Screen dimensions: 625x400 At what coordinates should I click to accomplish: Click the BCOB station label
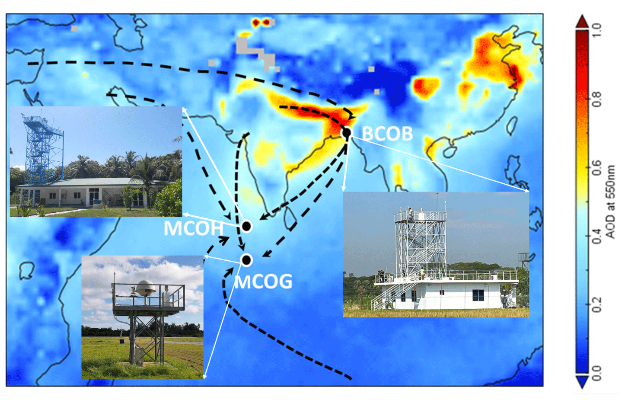(x=387, y=134)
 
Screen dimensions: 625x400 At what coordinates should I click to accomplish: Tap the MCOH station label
(x=194, y=228)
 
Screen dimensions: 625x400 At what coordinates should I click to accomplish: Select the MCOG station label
(x=263, y=282)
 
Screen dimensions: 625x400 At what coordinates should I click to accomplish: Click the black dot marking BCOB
(x=347, y=133)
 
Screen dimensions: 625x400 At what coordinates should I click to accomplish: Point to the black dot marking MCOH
(x=246, y=226)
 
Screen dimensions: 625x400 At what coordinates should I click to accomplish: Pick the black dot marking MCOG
(x=246, y=260)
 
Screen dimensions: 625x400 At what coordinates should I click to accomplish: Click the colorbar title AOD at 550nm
(x=610, y=202)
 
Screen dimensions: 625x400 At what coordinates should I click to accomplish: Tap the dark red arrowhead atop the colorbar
(x=582, y=21)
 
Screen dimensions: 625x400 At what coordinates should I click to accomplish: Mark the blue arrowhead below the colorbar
(x=582, y=382)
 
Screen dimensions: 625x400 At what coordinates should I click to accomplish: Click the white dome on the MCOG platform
(x=146, y=288)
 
